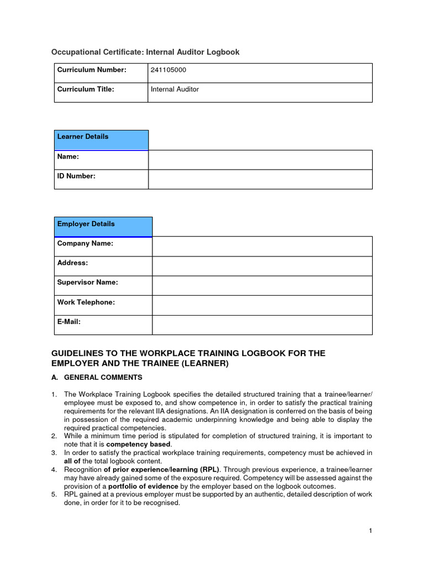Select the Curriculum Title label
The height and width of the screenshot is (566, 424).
[86, 89]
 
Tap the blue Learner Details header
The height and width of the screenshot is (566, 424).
[101, 139]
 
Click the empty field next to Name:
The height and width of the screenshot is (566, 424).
[260, 160]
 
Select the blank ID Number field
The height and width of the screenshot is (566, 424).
[260, 179]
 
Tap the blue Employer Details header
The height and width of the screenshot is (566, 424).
[103, 227]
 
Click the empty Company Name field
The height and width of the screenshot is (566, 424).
[262, 247]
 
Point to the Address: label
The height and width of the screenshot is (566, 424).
[72, 263]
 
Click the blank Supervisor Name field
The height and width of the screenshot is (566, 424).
[262, 286]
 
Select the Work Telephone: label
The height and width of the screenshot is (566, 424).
[86, 302]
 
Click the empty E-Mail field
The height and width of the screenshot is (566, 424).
[262, 325]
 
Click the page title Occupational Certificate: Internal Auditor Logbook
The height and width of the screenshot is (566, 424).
[145, 52]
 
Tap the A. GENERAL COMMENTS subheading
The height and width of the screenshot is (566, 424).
[97, 378]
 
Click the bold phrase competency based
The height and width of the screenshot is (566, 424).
[139, 444]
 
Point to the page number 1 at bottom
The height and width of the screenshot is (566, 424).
[370, 531]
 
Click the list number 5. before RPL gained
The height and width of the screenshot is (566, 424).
[54, 495]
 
